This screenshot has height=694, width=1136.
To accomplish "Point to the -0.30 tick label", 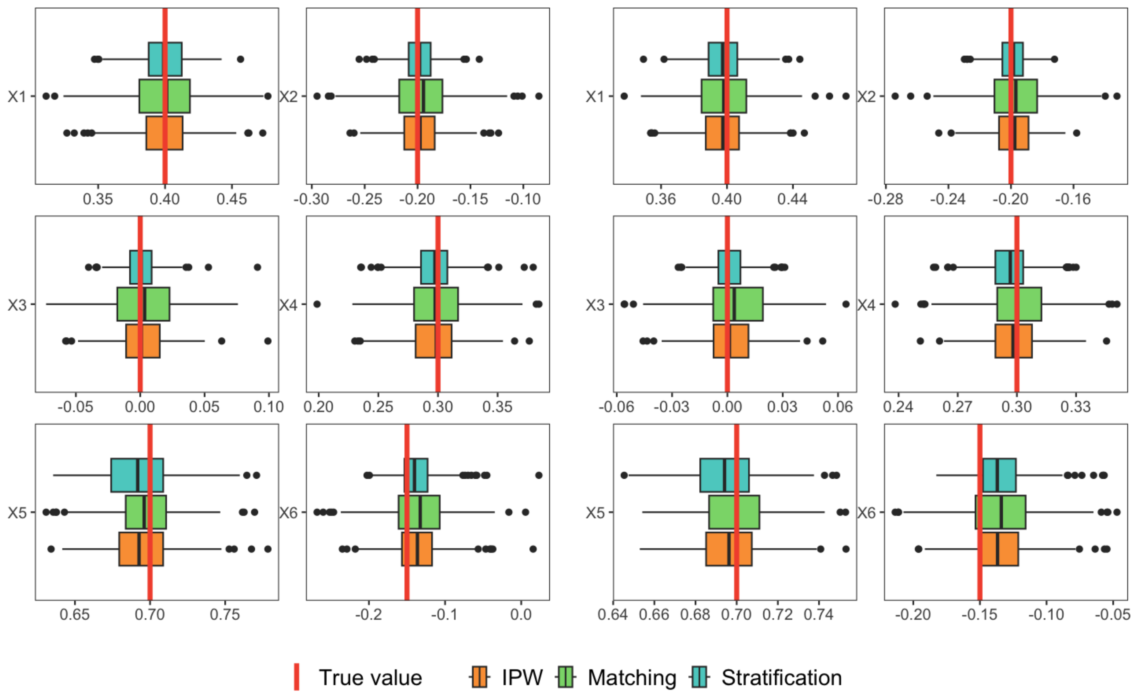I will coord(312,199).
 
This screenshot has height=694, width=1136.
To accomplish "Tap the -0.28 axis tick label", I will coord(885,199).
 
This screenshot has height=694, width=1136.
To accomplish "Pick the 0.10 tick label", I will coord(268,407).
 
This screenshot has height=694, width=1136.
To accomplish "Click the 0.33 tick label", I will coord(1076,407).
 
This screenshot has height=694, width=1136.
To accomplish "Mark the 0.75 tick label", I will coord(225,615).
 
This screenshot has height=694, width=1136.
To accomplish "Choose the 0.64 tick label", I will coord(613,615).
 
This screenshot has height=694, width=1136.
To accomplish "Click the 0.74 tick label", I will coord(818,615).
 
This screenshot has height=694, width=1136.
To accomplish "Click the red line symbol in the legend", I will coord(297,677).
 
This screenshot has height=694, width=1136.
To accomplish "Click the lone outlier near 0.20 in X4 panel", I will coord(317,304).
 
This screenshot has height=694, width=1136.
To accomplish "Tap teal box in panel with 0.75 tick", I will coord(137,475).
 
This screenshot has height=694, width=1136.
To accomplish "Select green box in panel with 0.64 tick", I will coord(734,512).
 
